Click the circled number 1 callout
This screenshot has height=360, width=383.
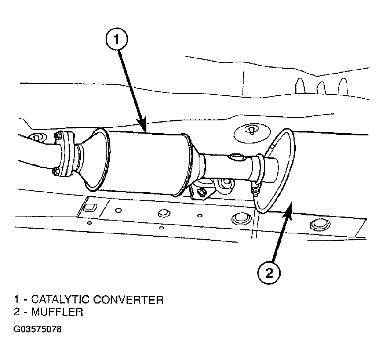117,39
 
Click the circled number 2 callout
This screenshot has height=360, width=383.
269,272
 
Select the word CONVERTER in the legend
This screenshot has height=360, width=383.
128,300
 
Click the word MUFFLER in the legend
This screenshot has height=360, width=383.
57,312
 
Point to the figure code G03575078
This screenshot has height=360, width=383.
37,329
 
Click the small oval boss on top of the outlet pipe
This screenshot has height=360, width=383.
237,156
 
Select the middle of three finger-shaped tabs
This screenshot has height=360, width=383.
321,88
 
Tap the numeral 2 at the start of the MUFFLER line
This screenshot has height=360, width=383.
17,312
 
